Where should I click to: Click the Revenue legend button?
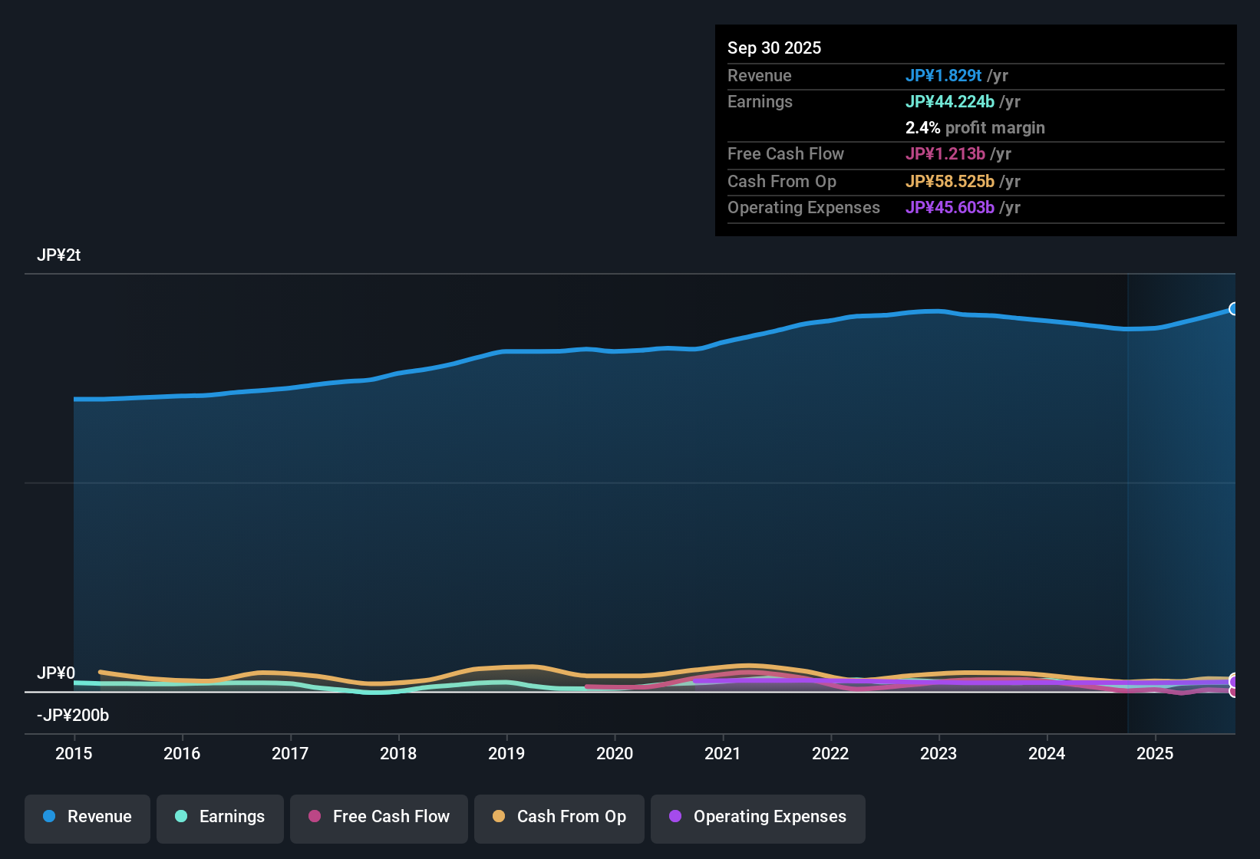point(87,817)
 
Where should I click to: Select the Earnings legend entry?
point(220,817)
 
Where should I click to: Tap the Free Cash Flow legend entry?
point(379,817)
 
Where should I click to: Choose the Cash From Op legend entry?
point(559,817)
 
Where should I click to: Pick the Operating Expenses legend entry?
point(758,817)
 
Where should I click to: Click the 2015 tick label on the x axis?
point(74,754)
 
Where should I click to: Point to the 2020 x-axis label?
point(615,754)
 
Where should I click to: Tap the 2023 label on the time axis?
point(938,754)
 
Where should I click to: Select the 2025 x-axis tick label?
point(1155,754)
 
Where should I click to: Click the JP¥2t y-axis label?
point(59,255)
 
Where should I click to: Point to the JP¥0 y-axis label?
point(56,673)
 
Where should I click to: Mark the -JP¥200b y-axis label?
point(73,716)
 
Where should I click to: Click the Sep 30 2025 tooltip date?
point(774,48)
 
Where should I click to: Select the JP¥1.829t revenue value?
point(943,76)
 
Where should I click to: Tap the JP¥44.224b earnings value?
point(949,102)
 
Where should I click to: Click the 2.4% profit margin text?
point(975,128)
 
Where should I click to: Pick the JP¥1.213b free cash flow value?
point(945,154)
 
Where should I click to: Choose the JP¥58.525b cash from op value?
point(949,182)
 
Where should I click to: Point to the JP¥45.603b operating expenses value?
point(949,208)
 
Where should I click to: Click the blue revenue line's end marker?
point(1233,309)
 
